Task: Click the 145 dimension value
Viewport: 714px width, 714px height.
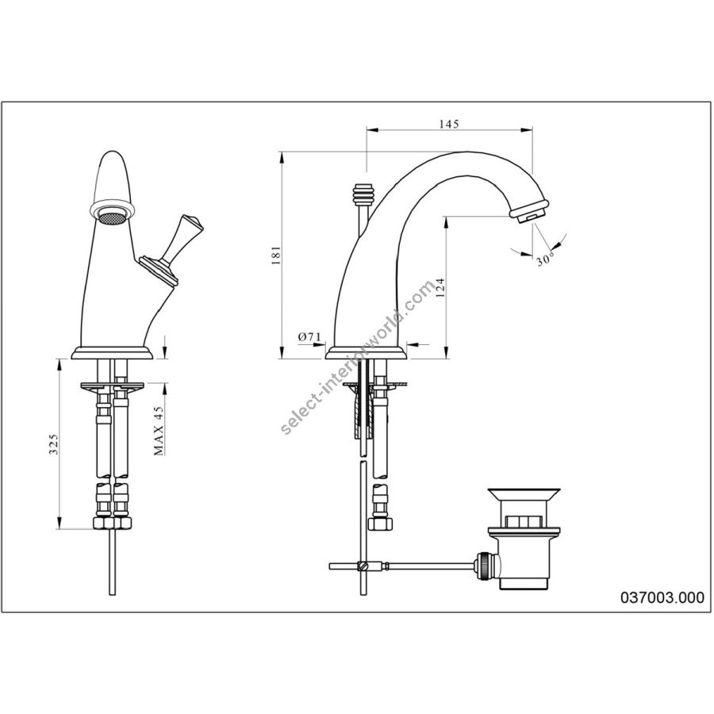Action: coord(450,124)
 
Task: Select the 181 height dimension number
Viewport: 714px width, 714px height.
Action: coord(276,256)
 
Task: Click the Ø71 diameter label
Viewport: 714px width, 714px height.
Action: coord(309,337)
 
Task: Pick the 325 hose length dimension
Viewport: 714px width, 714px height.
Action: coord(54,444)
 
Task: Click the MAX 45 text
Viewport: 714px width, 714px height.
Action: coord(158,430)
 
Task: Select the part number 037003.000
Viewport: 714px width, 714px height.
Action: coord(662,597)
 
